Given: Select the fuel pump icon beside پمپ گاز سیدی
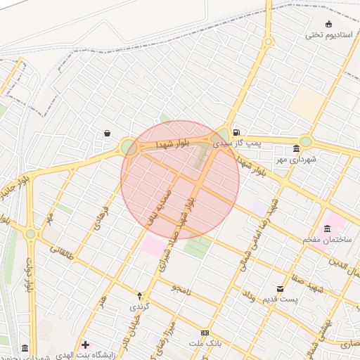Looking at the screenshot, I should click(236, 131).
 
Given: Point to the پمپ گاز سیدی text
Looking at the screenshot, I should click(237, 142).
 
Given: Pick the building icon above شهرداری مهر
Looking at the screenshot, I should click(295, 149).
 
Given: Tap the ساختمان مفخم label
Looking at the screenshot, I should click(321, 240).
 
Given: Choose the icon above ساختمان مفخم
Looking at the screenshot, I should click(327, 229).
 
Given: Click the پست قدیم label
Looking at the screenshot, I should click(281, 300).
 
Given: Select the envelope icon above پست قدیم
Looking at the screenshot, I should click(281, 289).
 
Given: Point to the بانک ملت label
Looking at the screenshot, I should click(205, 343).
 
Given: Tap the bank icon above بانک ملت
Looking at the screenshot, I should click(205, 333).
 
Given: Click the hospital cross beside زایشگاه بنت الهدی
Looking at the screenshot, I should click(86, 345).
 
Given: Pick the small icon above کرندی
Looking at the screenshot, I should click(139, 296).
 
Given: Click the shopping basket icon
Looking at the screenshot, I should click(107, 133).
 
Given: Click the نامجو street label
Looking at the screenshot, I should click(180, 288).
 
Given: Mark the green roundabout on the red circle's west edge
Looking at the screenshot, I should click(129, 147).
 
